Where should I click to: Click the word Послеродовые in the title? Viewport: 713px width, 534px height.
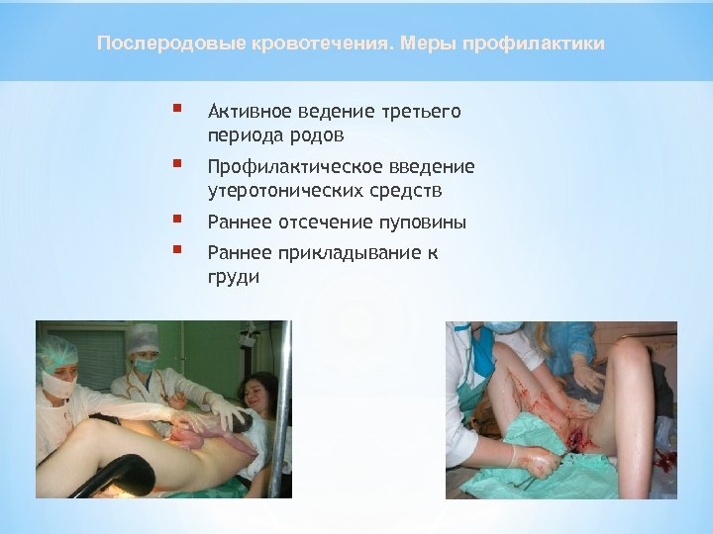click(153, 44)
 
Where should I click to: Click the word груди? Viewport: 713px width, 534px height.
click(234, 278)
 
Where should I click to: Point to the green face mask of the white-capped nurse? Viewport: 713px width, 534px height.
click(145, 365)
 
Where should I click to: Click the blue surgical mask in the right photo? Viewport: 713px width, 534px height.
click(504, 327)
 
